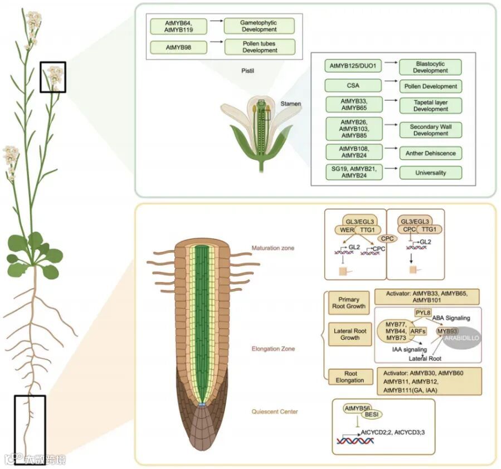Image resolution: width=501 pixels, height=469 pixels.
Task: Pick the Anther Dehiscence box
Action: click(x=430, y=153)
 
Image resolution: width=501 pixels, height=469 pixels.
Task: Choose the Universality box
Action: click(x=430, y=173)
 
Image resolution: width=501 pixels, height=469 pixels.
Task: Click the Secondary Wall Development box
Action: click(x=430, y=130)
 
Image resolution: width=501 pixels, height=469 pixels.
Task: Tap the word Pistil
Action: click(x=244, y=71)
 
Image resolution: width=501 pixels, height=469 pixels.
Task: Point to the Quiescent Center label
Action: click(x=274, y=412)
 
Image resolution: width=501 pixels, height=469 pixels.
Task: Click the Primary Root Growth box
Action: click(x=349, y=302)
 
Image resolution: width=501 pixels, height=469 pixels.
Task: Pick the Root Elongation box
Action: click(x=349, y=377)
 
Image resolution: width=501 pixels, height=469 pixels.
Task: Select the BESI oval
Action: click(x=374, y=414)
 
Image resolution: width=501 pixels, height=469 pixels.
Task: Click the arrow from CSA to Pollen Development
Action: click(x=390, y=86)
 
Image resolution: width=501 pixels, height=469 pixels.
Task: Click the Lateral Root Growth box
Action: click(x=349, y=334)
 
